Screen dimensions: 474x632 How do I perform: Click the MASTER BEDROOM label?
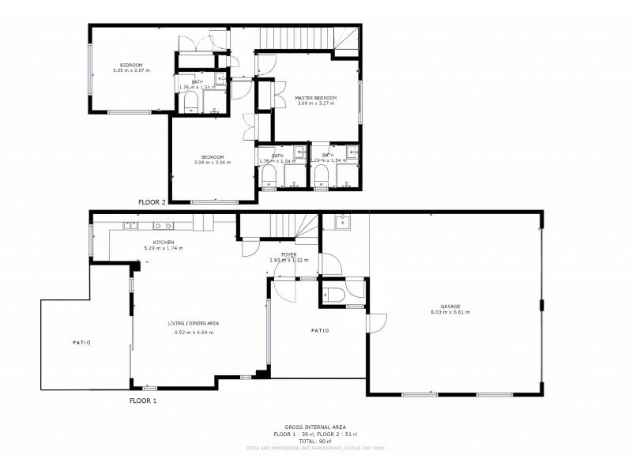316,98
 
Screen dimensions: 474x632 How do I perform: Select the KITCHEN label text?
164,243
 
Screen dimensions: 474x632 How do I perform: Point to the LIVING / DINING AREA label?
194,324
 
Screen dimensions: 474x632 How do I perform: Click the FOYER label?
289,254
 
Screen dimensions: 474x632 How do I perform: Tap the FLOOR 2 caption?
152,202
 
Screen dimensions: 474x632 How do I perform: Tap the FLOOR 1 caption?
143,401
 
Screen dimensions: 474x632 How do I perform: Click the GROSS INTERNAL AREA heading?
315,427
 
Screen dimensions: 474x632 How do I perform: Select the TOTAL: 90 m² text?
315,441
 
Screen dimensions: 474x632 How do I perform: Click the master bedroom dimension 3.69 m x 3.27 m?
316,103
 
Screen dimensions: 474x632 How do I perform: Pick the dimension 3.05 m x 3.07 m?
131,70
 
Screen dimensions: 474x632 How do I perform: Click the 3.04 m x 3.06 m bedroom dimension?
213,163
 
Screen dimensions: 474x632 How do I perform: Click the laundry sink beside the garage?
342,221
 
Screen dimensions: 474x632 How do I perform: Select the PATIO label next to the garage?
320,330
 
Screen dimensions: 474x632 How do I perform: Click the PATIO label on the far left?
81,342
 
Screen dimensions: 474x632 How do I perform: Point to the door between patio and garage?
374,323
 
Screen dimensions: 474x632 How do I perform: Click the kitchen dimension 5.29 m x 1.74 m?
164,248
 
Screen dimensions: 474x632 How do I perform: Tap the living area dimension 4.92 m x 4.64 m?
194,332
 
